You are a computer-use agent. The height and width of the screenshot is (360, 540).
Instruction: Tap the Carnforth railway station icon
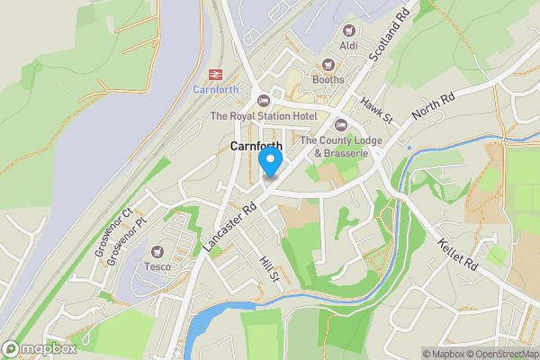point(216,75)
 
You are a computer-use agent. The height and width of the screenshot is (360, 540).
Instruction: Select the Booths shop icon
point(328,65)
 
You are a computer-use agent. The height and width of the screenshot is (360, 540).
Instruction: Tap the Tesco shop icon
point(159,252)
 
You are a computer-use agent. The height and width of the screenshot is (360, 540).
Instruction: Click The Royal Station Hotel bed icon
point(263,101)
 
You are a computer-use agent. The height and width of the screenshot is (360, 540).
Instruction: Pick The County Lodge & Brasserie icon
point(340,125)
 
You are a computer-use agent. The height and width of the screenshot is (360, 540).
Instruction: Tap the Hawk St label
point(377,110)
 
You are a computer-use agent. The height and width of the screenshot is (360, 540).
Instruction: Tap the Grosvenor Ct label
point(113,232)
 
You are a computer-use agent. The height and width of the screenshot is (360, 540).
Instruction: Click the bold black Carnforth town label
point(256,146)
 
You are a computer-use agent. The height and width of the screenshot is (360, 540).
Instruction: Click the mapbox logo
point(38,348)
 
